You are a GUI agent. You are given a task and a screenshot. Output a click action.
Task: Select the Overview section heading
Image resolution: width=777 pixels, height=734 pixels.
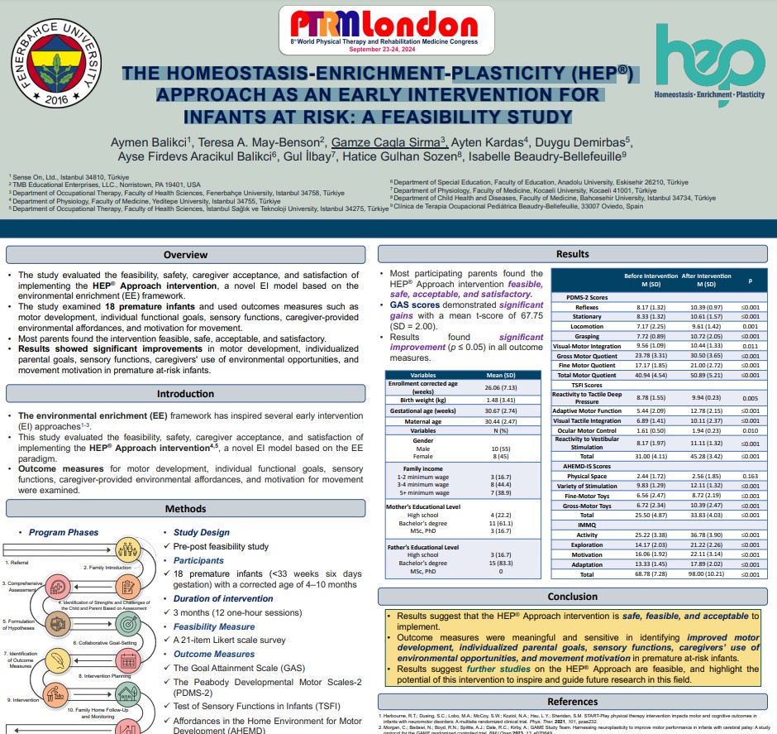pos(185,255)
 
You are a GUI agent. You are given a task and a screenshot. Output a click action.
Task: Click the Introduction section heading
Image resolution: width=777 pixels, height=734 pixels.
pos(185,394)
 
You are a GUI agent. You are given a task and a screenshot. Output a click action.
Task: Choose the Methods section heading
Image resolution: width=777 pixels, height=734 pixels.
pos(185,509)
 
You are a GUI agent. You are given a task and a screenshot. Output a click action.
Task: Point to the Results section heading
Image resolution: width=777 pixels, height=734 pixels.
pos(572,254)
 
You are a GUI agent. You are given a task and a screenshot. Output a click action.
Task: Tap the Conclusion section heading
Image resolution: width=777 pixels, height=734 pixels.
pos(572,596)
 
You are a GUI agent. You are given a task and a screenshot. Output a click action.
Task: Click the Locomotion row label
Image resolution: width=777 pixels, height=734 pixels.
pos(587,327)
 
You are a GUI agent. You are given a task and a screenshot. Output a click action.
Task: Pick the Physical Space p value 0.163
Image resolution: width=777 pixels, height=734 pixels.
pos(750,477)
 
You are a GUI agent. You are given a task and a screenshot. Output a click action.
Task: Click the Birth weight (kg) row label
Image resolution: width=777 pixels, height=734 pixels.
pos(423,400)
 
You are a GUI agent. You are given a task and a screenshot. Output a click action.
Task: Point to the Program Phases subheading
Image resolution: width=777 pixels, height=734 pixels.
pos(64,532)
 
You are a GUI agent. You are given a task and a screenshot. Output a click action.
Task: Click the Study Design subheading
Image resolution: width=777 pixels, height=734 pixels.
pos(202,532)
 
